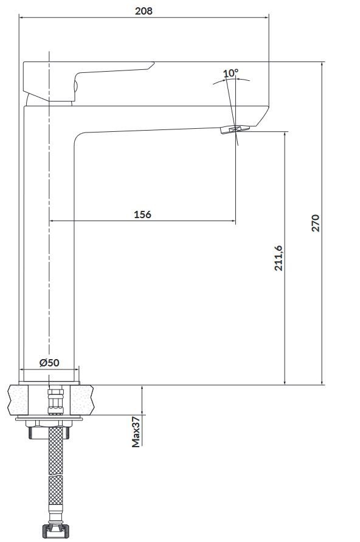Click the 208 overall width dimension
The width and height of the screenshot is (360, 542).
pos(144,11)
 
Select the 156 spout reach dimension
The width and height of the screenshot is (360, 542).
pos(142,214)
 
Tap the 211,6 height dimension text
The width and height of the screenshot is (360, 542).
pos(279,258)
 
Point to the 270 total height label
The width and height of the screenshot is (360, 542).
pos(315,223)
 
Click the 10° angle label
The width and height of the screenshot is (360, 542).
pos(230,74)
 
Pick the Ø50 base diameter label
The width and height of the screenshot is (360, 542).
pos(49,363)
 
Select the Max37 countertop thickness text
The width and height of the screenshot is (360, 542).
pos(136,431)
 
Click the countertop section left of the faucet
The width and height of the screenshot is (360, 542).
pos(24,400)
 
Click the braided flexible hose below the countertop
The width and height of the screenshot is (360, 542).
pos(55,474)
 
